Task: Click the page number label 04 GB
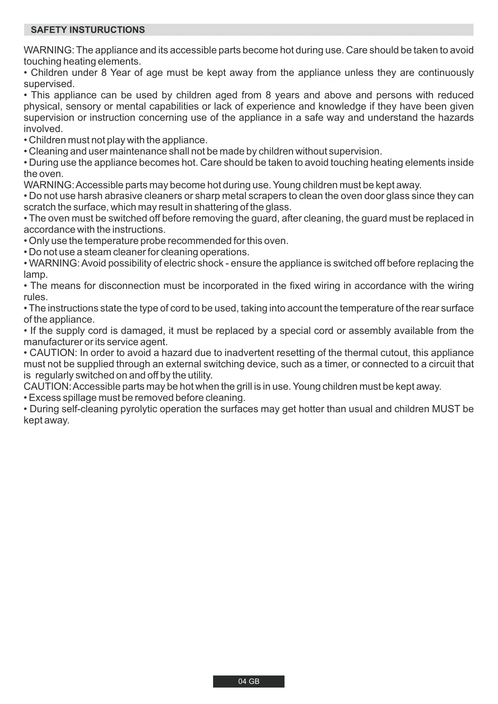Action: (x=249, y=682)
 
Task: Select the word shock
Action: (x=210, y=263)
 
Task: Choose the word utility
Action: (x=199, y=375)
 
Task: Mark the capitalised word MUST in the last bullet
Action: (x=446, y=409)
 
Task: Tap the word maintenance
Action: (x=138, y=151)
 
